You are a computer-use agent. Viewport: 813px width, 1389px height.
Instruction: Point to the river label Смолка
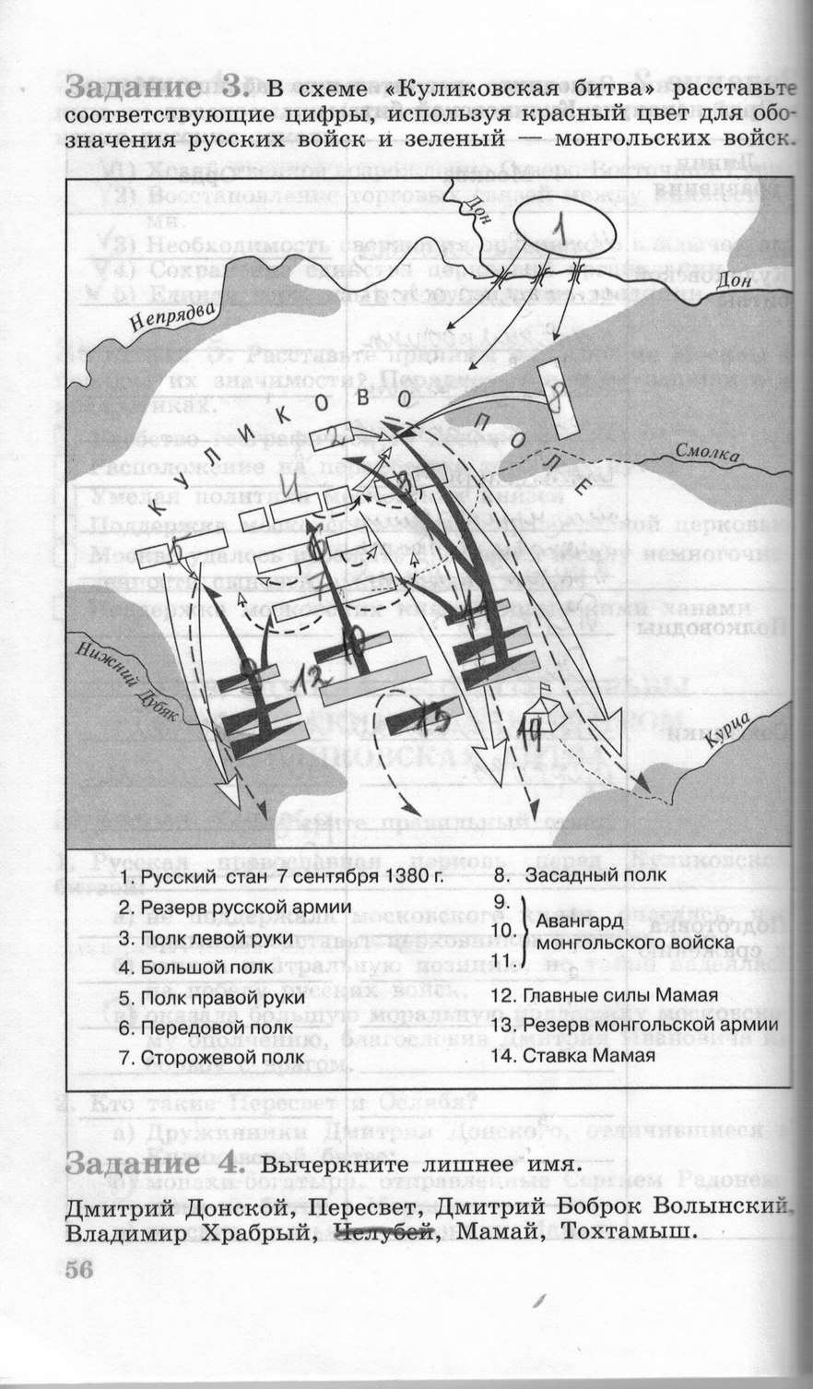tap(707, 453)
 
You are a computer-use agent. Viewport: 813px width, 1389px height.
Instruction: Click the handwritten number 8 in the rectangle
tap(558, 399)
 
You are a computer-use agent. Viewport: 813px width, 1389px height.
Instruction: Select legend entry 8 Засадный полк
tap(581, 875)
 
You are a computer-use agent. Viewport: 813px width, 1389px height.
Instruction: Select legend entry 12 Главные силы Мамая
tap(604, 995)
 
